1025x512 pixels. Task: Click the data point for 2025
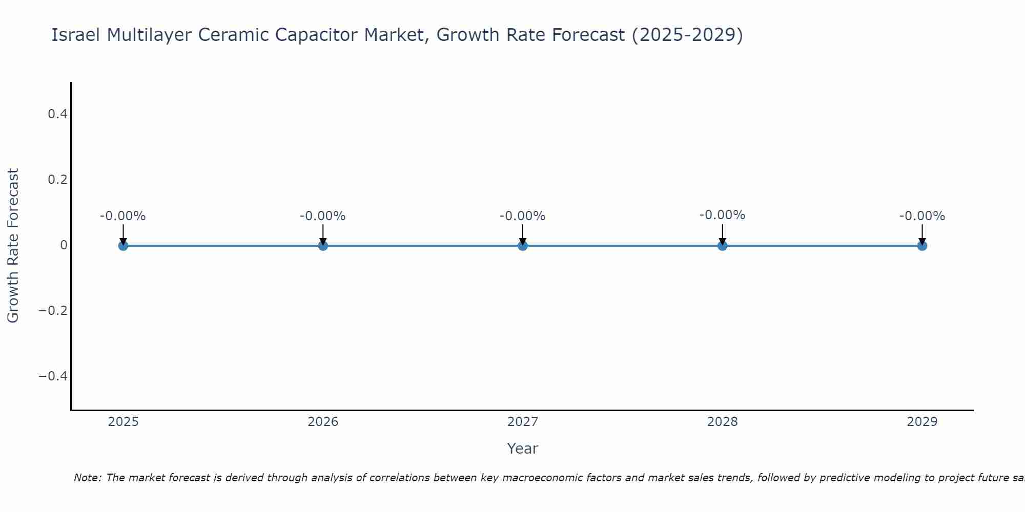point(123,246)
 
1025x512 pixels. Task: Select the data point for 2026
point(323,246)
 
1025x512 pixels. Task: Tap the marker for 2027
point(523,246)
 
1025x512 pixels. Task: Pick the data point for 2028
point(723,246)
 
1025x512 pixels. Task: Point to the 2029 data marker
point(922,246)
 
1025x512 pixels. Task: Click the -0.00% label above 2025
point(123,216)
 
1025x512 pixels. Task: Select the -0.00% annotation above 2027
point(523,216)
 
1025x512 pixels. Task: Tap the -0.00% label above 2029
point(922,216)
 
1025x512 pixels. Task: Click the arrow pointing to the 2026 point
point(323,234)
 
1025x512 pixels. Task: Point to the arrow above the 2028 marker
point(723,234)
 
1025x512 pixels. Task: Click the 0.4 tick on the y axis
point(57,114)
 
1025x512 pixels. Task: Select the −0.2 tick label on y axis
point(53,311)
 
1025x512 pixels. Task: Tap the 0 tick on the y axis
point(64,245)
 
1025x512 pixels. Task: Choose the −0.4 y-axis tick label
point(53,376)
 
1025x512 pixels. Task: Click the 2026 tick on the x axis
point(323,422)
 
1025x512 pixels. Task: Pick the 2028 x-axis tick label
point(723,422)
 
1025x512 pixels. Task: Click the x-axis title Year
point(522,449)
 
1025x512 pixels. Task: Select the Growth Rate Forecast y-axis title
point(13,245)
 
